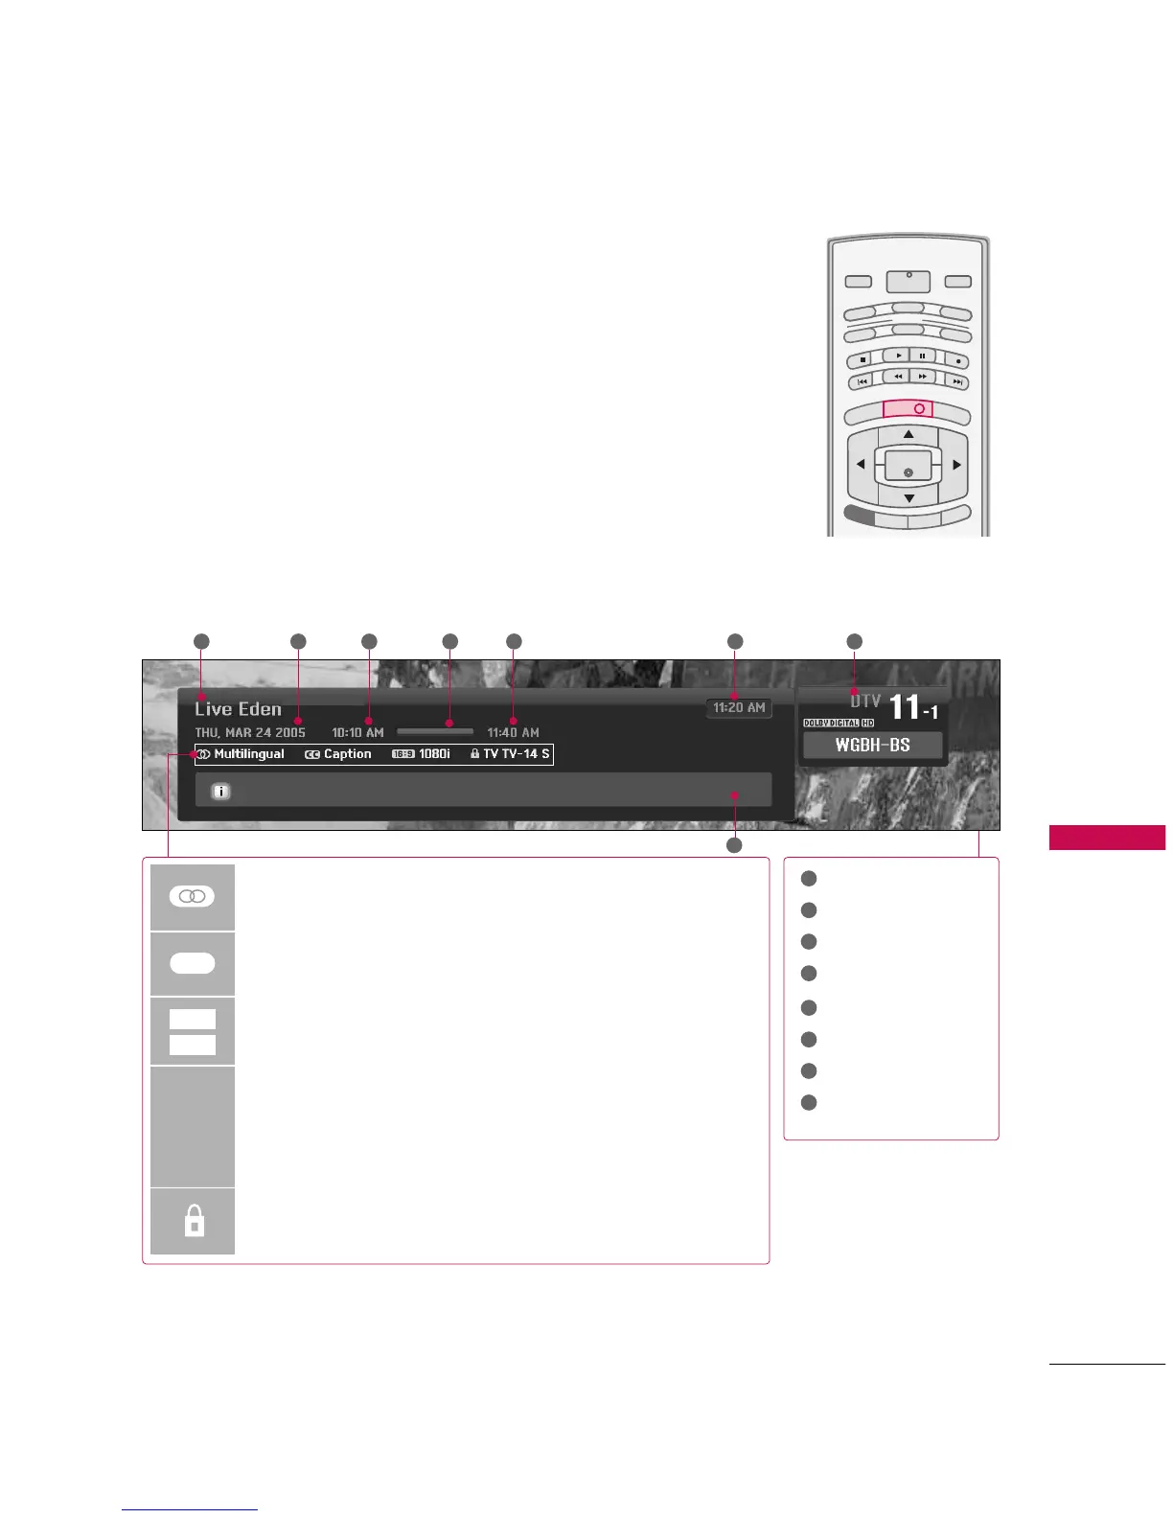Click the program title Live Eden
coord(238,709)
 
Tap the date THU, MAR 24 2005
coord(250,732)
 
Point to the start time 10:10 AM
coord(357,732)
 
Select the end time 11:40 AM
coord(513,732)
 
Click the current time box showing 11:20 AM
coord(739,708)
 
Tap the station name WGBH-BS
coord(872,745)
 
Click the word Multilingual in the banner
coord(249,754)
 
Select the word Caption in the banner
coord(347,754)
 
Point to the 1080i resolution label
coord(434,754)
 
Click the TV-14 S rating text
coord(517,754)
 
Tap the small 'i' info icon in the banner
coord(220,792)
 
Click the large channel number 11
coord(905,707)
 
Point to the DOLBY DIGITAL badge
coord(831,724)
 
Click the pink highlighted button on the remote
coord(908,408)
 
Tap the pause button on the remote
coord(922,356)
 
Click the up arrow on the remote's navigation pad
coord(908,435)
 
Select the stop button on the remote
coord(862,360)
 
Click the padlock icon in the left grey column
coord(194,1221)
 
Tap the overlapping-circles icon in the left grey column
coord(193,896)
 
